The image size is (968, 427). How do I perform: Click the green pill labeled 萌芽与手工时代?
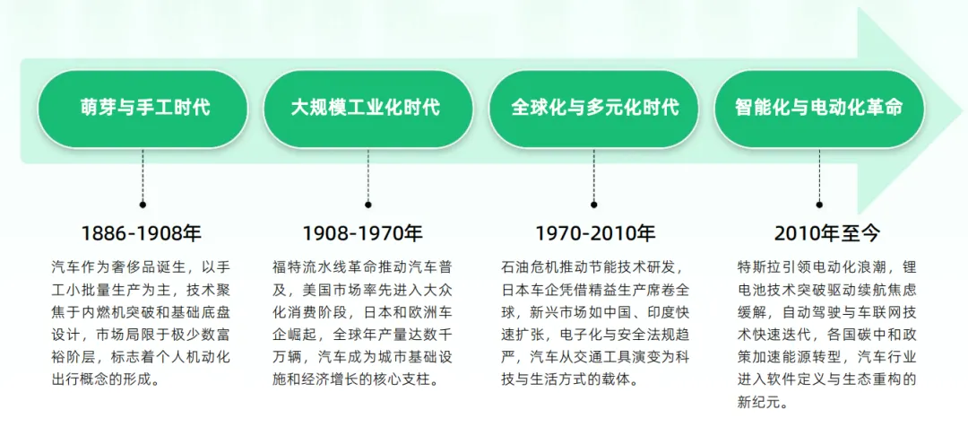(x=143, y=109)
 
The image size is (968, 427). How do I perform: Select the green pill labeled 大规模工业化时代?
(x=368, y=109)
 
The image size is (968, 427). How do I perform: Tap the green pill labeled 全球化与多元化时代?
(x=594, y=109)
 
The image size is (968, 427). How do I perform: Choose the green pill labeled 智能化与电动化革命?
(x=819, y=109)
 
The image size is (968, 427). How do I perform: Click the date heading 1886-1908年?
(x=143, y=233)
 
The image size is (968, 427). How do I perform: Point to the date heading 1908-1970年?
(x=362, y=233)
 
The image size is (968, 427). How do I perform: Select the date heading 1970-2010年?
(x=595, y=233)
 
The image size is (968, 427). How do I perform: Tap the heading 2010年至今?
(x=827, y=233)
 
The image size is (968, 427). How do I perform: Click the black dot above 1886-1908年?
(x=143, y=204)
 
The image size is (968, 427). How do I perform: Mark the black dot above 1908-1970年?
(x=368, y=204)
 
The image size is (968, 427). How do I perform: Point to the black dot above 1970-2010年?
(x=594, y=204)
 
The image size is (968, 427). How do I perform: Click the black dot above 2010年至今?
(x=819, y=204)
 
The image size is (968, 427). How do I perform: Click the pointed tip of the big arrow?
(x=964, y=112)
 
